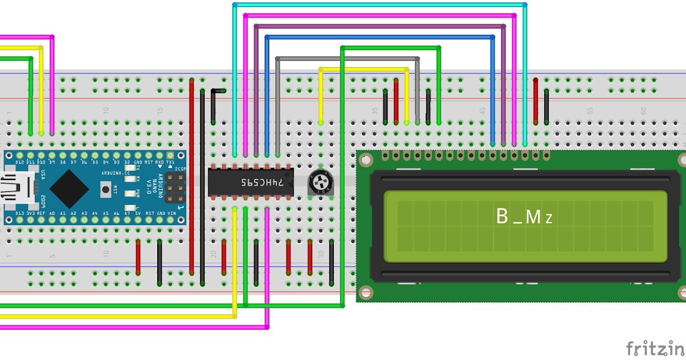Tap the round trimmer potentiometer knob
click(319, 182)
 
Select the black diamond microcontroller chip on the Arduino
click(69, 188)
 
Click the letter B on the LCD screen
click(502, 217)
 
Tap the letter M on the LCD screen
click(532, 217)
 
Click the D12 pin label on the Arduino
click(19, 163)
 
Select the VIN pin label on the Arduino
click(171, 213)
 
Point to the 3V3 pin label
click(30, 213)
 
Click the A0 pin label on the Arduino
click(52, 213)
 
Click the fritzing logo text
click(655, 348)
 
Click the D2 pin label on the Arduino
click(127, 163)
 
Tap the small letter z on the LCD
click(548, 219)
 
